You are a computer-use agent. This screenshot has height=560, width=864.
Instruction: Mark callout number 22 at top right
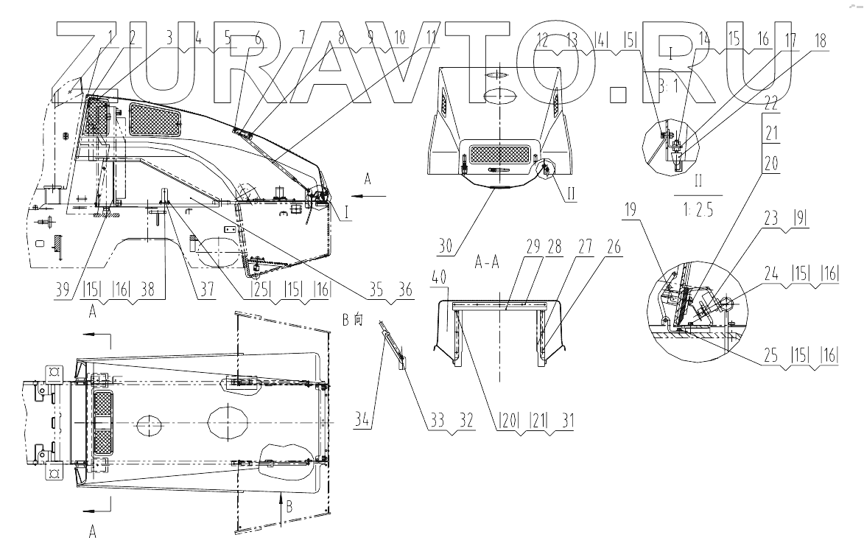(x=770, y=101)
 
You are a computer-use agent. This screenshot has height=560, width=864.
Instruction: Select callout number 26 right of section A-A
(x=614, y=249)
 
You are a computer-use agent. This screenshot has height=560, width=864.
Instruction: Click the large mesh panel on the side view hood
(x=155, y=119)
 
